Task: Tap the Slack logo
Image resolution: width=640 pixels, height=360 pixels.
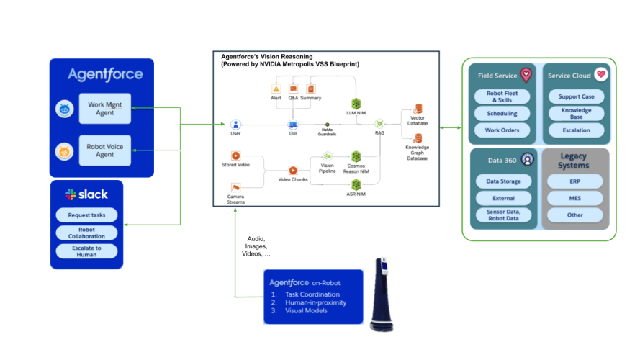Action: coord(71,194)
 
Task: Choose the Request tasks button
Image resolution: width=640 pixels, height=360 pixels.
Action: coord(87,215)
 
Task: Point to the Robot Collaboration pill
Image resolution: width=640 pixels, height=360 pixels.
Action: coord(87,233)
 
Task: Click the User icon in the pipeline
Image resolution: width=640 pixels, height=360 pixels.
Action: coord(235,124)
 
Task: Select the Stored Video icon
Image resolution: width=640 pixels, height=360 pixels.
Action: coord(235,156)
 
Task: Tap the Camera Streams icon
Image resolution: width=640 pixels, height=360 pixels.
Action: coord(235,187)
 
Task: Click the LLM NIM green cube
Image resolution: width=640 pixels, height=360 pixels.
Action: coord(356,104)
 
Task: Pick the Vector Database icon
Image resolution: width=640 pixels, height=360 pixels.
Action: coord(417,108)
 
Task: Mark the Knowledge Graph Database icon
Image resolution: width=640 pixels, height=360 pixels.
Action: coord(417,138)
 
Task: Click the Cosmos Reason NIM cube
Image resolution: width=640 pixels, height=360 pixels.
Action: coord(356,156)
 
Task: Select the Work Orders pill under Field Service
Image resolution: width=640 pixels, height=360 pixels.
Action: coord(502,130)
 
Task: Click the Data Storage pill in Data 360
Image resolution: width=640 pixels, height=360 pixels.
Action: coord(502,181)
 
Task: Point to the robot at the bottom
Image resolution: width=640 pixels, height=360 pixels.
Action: coord(382,295)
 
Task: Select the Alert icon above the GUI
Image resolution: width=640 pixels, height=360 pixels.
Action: coord(276,89)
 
